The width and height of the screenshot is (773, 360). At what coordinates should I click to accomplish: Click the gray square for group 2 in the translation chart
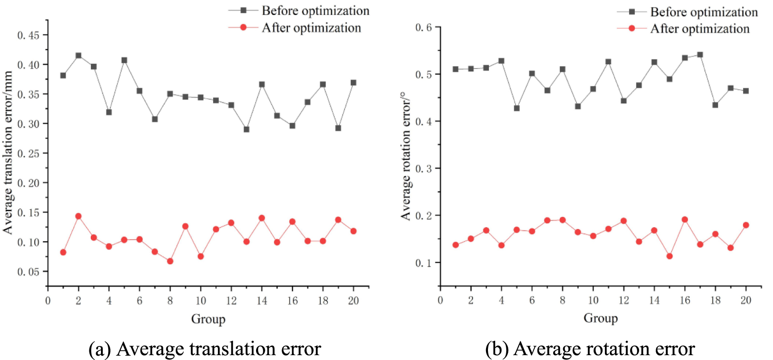tap(78, 56)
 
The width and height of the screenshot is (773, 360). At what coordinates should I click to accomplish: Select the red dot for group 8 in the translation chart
tap(170, 261)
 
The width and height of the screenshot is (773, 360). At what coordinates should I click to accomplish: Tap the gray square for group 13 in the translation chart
tap(246, 130)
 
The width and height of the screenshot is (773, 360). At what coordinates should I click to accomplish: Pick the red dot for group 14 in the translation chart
tap(262, 218)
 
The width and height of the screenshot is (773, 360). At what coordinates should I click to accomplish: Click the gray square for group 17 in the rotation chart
tap(700, 55)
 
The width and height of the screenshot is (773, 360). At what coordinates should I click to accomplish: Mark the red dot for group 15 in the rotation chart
tap(670, 256)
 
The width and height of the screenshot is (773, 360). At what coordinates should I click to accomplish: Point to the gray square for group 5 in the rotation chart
tap(516, 108)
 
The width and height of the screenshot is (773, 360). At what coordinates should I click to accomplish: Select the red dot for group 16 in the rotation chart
tap(685, 219)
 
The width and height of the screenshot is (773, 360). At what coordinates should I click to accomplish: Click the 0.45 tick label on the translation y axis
tap(29, 35)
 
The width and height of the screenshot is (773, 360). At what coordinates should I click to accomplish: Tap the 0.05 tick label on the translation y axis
tap(29, 272)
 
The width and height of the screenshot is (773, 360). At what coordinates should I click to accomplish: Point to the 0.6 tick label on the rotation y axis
tap(424, 28)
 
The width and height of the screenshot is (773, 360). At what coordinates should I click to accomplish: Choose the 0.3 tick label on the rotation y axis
tap(424, 169)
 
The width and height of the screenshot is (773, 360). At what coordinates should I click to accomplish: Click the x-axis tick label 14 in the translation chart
tap(262, 301)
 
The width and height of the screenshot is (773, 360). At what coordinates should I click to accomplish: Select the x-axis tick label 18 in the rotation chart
tap(716, 300)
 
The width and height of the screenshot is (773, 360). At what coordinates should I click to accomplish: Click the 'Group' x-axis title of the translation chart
tap(208, 319)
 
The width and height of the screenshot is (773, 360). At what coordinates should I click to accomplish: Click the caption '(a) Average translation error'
tap(205, 348)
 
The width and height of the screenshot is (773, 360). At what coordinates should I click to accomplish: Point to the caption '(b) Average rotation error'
tap(590, 348)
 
